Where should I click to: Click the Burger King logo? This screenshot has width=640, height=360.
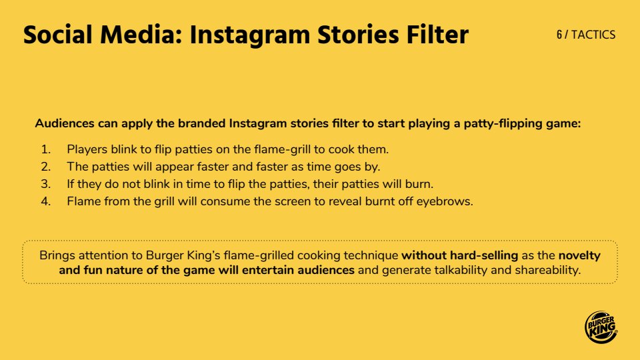click(601, 327)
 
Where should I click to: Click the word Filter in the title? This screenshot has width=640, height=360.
click(437, 34)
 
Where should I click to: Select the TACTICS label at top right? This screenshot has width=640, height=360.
click(593, 35)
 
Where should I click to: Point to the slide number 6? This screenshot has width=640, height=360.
click(559, 35)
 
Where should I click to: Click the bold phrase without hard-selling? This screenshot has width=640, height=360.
click(459, 255)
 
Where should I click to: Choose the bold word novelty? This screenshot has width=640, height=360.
click(579, 256)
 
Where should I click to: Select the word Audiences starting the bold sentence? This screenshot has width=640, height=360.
click(65, 123)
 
